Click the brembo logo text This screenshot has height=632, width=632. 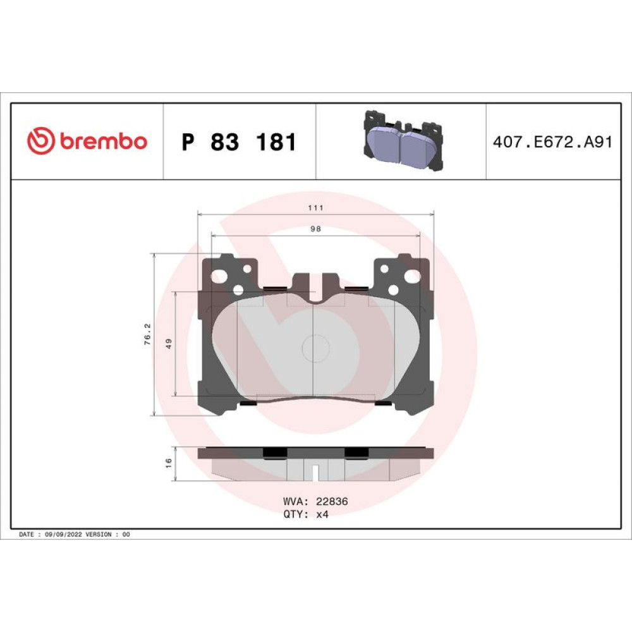click(x=104, y=141)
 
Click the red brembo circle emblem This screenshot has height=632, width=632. click(x=40, y=141)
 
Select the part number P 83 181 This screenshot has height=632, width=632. click(x=239, y=142)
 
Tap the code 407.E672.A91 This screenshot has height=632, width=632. click(x=552, y=142)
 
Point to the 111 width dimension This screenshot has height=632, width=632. click(x=315, y=208)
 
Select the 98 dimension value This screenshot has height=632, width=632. click(x=315, y=229)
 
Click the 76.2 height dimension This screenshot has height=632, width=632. click(x=147, y=334)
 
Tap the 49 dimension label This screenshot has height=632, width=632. click(x=169, y=343)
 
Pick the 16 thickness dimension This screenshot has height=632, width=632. click(x=169, y=463)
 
